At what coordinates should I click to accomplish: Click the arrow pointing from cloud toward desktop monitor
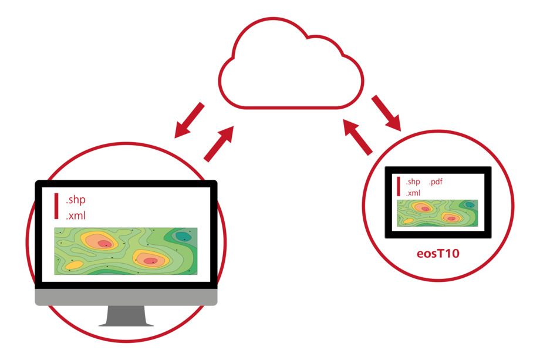click(190, 120)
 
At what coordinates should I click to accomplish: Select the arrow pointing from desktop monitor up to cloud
click(219, 143)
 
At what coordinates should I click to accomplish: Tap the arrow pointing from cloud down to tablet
click(386, 113)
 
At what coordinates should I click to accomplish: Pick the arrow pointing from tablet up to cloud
click(358, 137)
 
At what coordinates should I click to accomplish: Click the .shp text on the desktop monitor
click(75, 200)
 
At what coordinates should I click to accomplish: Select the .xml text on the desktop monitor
click(75, 216)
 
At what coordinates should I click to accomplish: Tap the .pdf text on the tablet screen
click(436, 181)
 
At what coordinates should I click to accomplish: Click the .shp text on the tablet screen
click(413, 181)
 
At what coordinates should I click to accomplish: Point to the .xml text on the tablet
click(413, 193)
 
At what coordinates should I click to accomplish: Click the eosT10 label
click(438, 254)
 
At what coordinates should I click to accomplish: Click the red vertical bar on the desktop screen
click(56, 206)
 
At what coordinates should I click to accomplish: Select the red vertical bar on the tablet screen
click(399, 186)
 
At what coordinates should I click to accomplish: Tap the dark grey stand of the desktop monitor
click(126, 315)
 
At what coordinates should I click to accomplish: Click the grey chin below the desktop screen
click(126, 297)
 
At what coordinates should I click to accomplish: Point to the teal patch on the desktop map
click(183, 236)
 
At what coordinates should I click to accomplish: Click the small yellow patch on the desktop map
click(75, 265)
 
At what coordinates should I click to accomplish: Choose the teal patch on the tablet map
click(470, 204)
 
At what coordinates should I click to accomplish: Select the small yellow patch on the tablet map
click(408, 221)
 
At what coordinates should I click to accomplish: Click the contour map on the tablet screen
click(437, 213)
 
